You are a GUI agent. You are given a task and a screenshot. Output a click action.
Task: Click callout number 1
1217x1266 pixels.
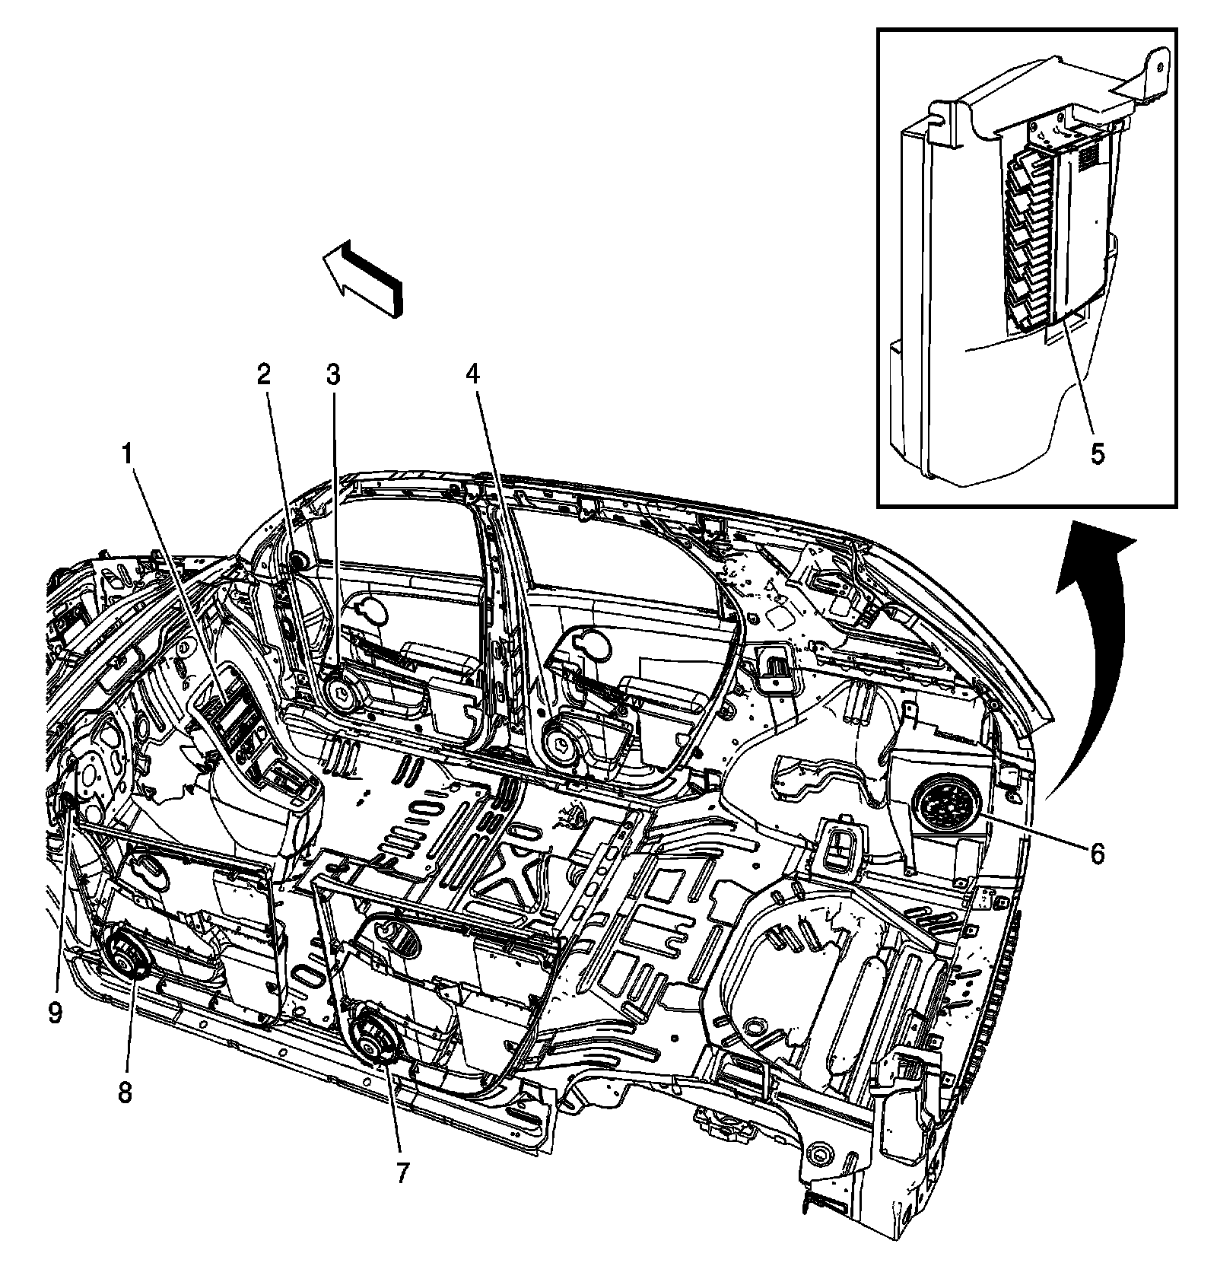pos(129,455)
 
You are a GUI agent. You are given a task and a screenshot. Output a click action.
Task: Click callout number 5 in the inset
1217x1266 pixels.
pos(1097,454)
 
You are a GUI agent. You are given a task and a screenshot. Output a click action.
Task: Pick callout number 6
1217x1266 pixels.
pos(1096,854)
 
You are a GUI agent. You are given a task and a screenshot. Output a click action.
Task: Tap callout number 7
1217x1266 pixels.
pos(401,1174)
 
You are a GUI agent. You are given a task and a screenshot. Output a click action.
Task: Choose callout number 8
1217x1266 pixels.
pos(125,1093)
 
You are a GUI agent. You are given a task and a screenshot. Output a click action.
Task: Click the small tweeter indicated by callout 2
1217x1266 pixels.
pos(296,561)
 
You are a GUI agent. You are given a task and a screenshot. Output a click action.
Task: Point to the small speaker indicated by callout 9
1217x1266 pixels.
pos(65,803)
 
